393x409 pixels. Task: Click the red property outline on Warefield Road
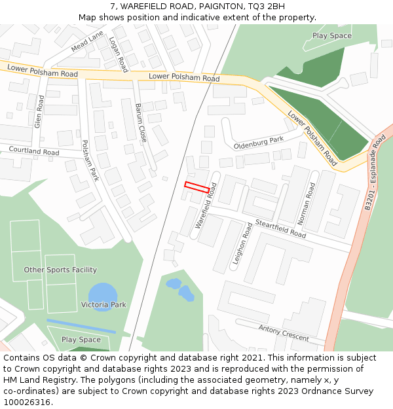point(196,187)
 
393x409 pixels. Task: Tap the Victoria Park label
point(103,305)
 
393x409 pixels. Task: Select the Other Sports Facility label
point(60,270)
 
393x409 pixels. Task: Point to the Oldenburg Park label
point(259,141)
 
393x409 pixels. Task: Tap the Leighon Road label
point(242,243)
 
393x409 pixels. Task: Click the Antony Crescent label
point(284,332)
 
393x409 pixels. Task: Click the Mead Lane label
point(87,41)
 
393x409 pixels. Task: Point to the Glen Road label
point(39,111)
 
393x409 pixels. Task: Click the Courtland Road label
point(34,151)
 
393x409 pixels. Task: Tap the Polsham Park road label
point(89,160)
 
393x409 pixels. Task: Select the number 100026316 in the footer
point(28,402)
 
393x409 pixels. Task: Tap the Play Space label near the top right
point(332,36)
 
